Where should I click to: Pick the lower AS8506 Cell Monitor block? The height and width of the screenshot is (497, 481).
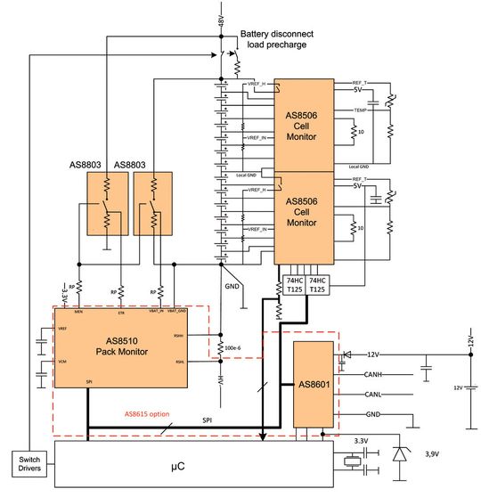(x=303, y=218)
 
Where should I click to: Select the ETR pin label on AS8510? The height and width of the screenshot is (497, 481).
(x=121, y=313)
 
